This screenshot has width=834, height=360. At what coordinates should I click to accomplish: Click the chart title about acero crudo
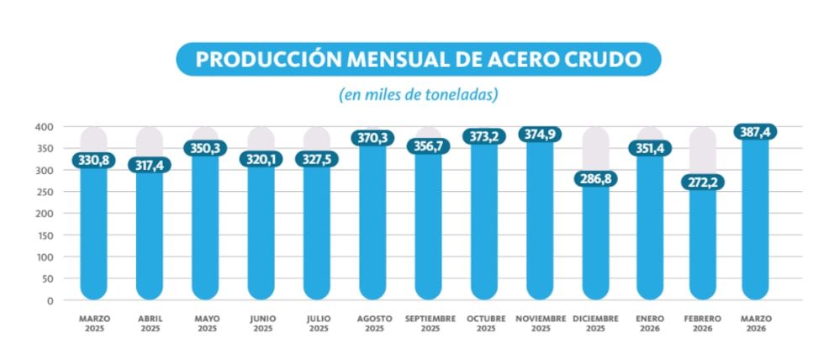pyautogui.click(x=418, y=60)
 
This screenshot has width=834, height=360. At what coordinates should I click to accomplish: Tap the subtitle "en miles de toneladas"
pyautogui.click(x=418, y=94)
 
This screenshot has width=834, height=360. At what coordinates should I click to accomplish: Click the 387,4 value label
pyautogui.click(x=755, y=132)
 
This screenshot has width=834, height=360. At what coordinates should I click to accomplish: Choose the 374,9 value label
pyautogui.click(x=541, y=135)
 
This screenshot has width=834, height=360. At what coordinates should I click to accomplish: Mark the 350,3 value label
pyautogui.click(x=205, y=148)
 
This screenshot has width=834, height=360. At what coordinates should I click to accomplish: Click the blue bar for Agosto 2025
pyautogui.click(x=373, y=227)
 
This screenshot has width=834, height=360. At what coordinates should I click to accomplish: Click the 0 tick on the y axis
pyautogui.click(x=50, y=300)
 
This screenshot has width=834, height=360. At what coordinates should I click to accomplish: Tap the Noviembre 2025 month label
pyautogui.click(x=541, y=324)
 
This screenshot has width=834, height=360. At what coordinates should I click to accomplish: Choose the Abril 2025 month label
pyautogui.click(x=150, y=324)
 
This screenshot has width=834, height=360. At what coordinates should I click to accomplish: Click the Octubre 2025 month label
pyautogui.click(x=485, y=324)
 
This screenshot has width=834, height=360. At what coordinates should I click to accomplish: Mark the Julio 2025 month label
pyautogui.click(x=318, y=324)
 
